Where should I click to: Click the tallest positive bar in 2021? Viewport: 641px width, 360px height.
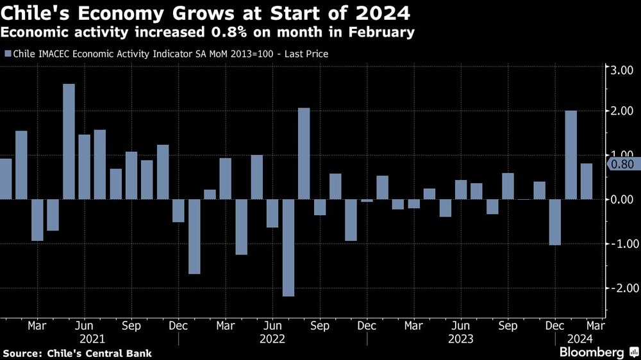tap(69, 142)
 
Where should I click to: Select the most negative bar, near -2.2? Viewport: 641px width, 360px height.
tap(288, 247)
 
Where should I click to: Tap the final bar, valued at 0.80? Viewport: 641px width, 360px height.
tap(587, 181)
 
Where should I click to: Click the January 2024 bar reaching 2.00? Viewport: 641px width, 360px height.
tap(570, 155)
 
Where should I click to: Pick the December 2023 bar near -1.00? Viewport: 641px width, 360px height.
tap(555, 222)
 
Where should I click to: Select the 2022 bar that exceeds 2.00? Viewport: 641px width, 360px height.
tap(304, 153)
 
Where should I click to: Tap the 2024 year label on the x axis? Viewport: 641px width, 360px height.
tap(581, 338)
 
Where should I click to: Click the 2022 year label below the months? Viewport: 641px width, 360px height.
tap(272, 338)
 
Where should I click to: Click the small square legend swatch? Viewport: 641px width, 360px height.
tap(8, 54)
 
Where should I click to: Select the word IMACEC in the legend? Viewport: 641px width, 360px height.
tap(57, 54)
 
